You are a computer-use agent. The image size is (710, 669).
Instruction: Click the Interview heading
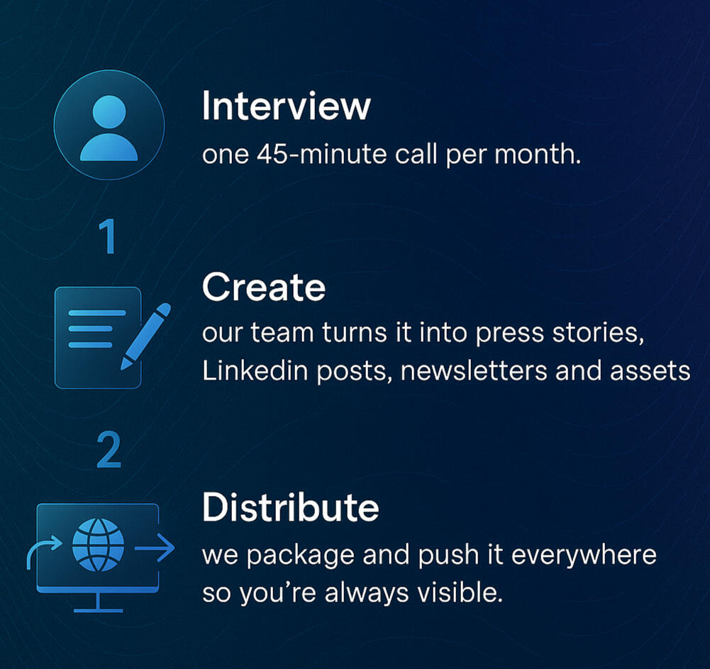point(286,106)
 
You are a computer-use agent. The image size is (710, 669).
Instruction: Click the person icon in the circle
point(109,128)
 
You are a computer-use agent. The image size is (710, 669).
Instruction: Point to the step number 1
point(109,236)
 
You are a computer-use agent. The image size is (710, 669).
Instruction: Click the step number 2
point(109,450)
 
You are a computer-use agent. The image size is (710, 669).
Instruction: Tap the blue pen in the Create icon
point(145,336)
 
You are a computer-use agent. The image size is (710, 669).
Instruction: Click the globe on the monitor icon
point(99,545)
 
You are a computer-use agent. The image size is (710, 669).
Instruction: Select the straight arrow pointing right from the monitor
point(155,548)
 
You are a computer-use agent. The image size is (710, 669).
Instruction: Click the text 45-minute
point(321,154)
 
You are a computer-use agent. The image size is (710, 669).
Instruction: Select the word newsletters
point(474,370)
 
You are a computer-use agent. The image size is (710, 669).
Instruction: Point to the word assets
point(650,371)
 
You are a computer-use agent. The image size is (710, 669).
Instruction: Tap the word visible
point(460,592)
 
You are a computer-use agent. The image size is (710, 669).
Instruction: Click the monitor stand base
point(99,611)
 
